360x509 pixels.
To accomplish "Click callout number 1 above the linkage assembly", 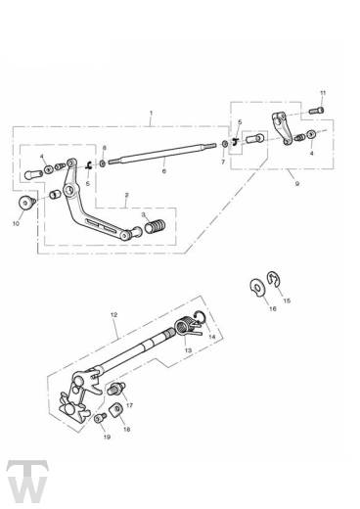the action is point(151,113).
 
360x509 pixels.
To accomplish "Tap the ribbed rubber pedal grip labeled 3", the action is point(156,226).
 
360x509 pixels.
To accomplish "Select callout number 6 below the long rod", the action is point(164,170).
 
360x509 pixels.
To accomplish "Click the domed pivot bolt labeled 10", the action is point(26,203).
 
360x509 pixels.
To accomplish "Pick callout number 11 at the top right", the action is point(323,93).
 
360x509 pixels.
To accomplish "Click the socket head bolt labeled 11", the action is point(316,111).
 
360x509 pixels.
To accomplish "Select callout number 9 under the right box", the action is point(296,184).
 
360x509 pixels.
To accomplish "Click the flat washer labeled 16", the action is point(257,288).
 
